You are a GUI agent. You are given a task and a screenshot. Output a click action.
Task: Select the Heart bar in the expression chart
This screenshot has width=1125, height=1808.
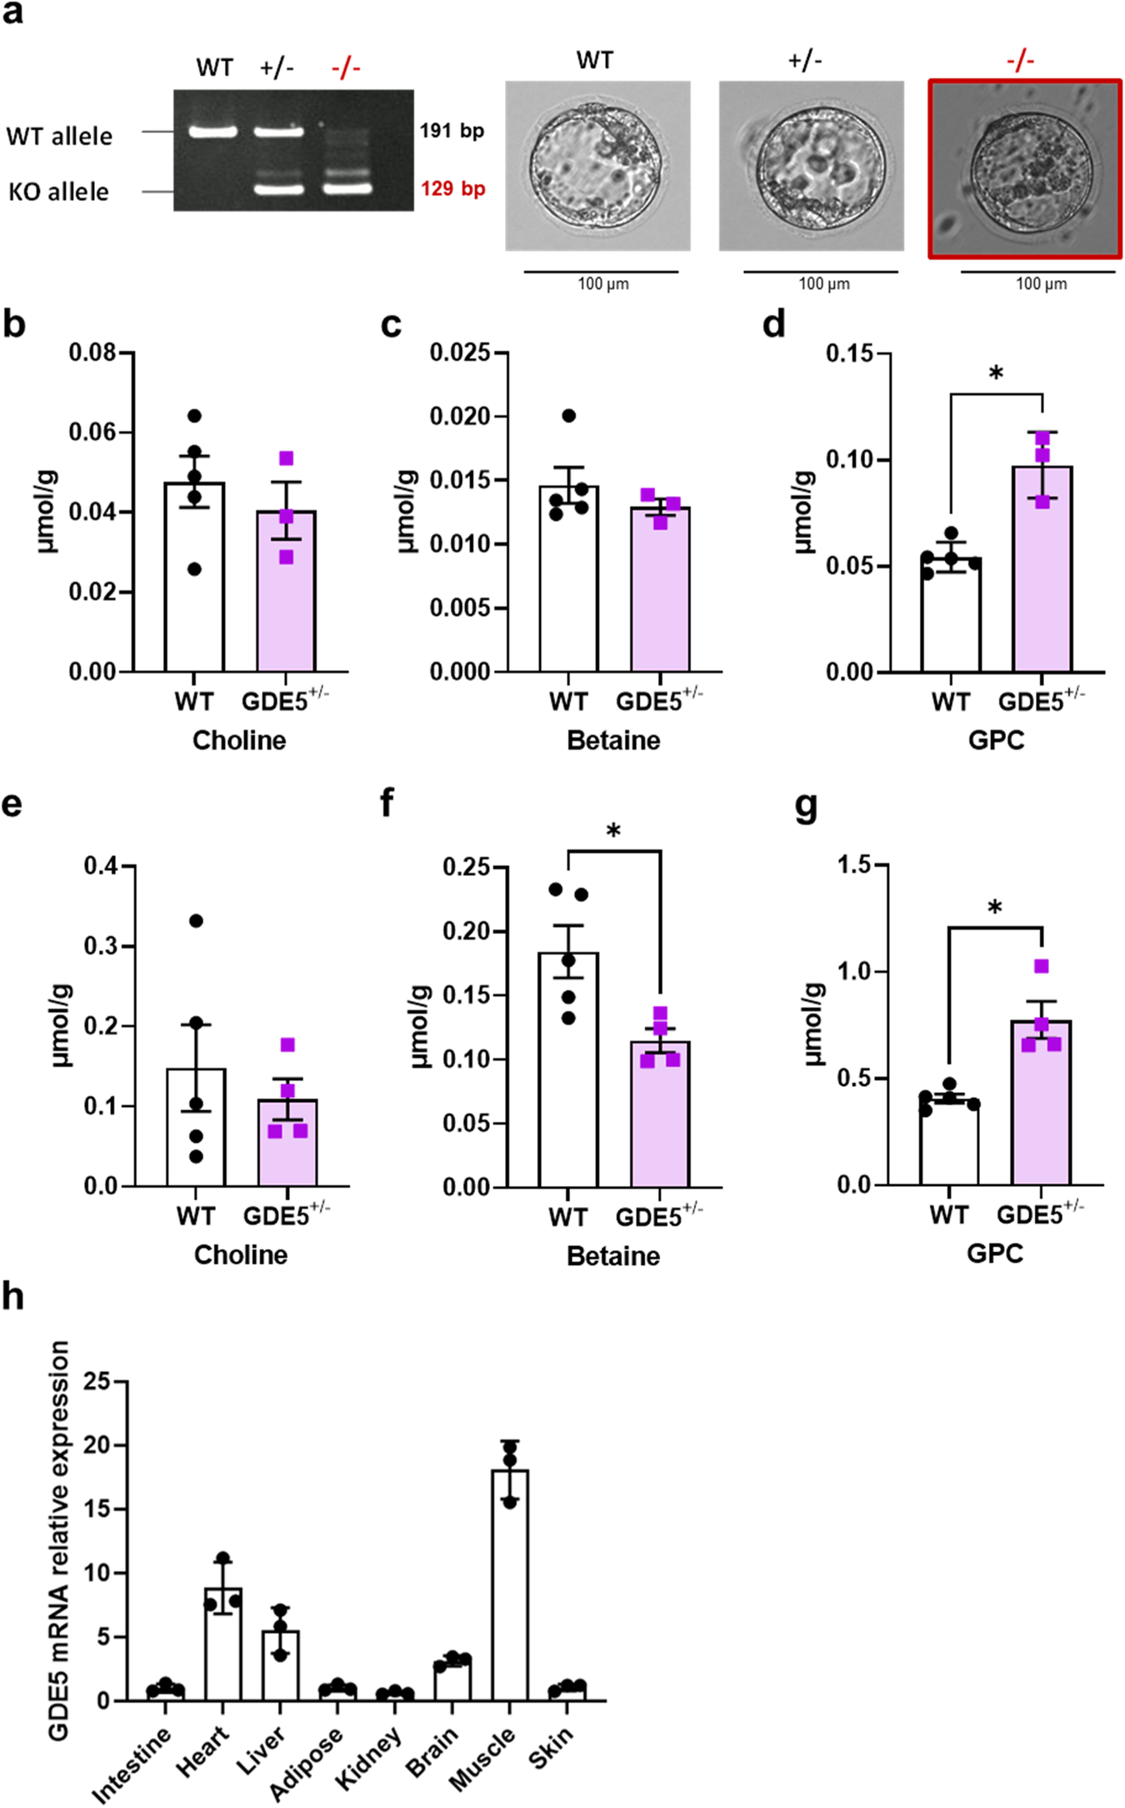(x=223, y=1644)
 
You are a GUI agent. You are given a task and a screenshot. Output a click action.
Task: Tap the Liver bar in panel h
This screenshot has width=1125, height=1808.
(x=281, y=1665)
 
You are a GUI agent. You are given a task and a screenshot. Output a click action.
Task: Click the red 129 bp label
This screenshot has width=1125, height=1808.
(x=452, y=188)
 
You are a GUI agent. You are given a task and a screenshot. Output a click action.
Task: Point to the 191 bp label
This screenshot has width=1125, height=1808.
(x=452, y=131)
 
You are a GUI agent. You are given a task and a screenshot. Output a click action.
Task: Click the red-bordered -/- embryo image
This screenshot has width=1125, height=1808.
(x=1025, y=169)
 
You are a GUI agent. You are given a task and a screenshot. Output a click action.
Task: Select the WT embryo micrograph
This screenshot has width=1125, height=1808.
(x=597, y=166)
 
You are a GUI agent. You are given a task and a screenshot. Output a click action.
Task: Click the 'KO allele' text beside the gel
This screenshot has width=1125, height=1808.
(x=58, y=192)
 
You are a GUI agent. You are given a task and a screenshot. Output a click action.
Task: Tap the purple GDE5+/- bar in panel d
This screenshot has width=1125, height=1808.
(x=1042, y=568)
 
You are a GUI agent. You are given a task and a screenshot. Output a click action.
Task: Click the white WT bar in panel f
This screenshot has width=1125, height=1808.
(x=568, y=1069)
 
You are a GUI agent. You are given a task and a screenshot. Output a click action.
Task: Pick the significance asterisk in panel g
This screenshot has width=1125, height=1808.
(x=995, y=908)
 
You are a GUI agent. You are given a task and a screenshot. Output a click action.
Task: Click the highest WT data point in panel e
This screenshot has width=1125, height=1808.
(x=196, y=921)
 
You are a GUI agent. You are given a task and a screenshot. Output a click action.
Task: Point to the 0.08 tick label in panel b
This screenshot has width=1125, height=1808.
(x=92, y=353)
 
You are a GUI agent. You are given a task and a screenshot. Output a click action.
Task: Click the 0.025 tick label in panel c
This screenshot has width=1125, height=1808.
(x=460, y=353)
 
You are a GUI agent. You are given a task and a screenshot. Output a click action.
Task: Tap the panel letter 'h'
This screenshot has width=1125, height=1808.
(x=13, y=1297)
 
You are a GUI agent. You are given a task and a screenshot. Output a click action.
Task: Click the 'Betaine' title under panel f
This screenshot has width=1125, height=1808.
(x=613, y=1255)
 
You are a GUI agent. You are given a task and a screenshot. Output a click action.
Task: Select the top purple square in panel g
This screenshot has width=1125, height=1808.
(x=1042, y=966)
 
